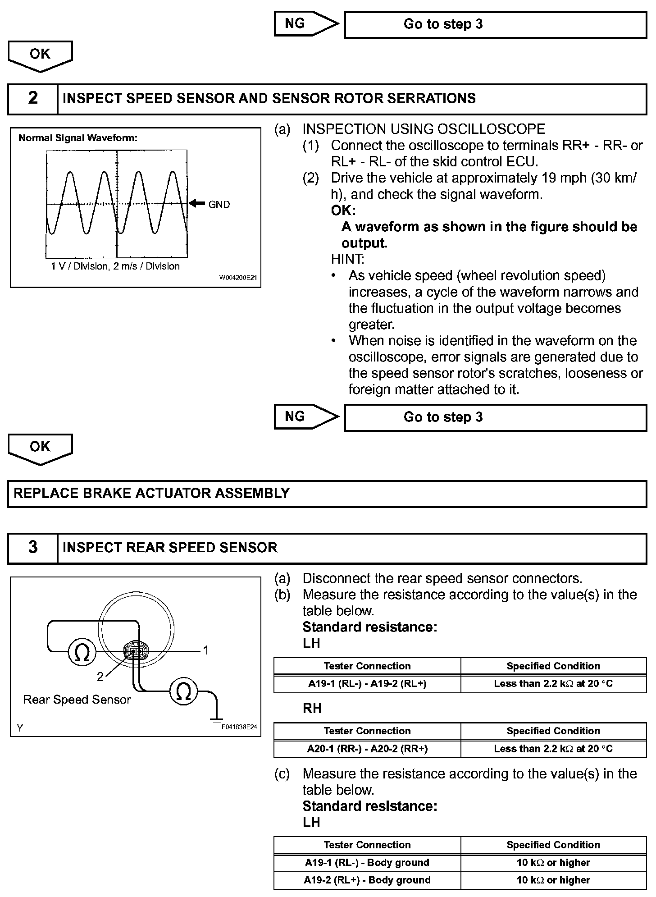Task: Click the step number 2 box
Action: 33,98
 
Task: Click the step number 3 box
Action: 33,547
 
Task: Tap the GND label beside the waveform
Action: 219,205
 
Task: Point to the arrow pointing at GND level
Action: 197,204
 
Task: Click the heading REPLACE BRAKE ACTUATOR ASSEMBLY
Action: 151,493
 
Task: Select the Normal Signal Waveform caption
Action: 78,138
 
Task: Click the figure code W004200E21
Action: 238,278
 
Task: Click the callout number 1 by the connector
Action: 206,650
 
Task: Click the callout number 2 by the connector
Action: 100,676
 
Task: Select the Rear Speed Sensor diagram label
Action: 77,700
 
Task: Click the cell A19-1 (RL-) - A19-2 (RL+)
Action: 367,683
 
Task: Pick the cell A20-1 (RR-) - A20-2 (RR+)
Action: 367,749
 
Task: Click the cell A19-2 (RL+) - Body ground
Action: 367,880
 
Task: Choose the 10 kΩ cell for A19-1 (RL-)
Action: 553,862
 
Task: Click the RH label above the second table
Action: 312,709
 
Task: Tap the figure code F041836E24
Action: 239,727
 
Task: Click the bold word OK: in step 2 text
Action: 343,211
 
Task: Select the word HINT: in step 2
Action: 347,259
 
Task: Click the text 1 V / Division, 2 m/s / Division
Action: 115,266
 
